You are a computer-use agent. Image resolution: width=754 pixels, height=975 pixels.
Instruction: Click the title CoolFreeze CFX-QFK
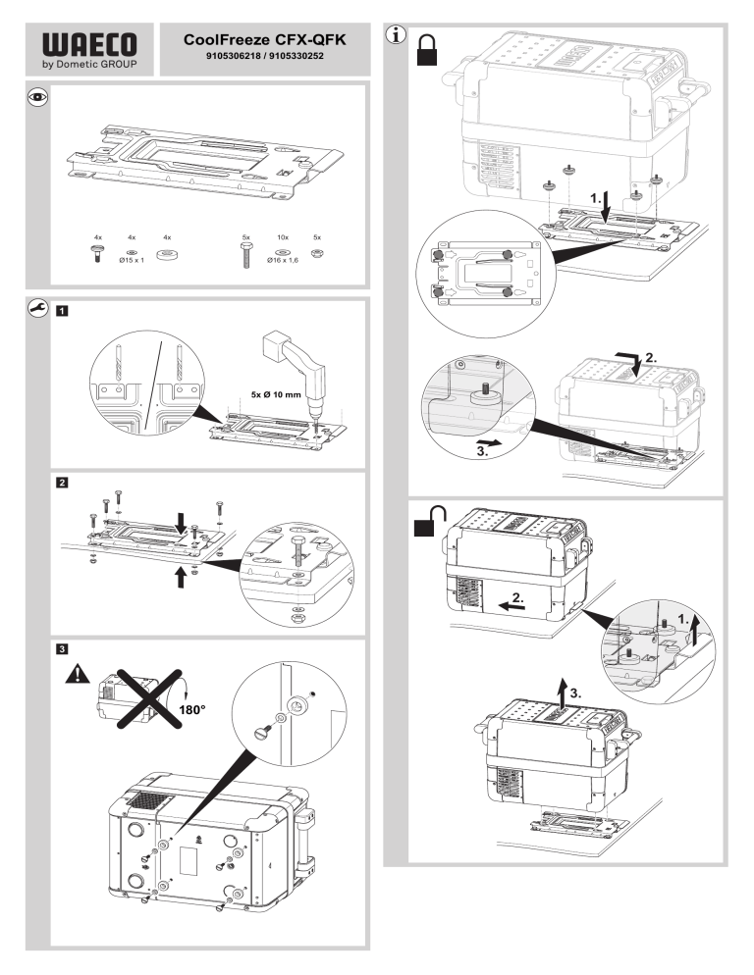click(x=265, y=40)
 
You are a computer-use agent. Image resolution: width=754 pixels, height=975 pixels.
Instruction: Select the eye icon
click(x=38, y=97)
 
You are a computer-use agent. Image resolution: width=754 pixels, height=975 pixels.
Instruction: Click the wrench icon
click(x=38, y=308)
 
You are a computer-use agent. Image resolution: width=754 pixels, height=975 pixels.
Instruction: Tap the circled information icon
click(x=396, y=35)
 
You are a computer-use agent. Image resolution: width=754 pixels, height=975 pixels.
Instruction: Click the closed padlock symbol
click(x=427, y=50)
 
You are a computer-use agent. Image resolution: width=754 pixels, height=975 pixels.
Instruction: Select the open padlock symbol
click(x=430, y=521)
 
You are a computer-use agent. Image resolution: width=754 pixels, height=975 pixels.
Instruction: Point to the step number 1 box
click(x=62, y=311)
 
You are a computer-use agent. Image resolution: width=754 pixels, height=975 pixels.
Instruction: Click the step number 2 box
click(x=62, y=483)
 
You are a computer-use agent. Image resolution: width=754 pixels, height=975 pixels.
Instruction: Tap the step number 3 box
click(x=62, y=649)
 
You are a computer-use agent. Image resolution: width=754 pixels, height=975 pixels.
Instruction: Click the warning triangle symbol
click(x=78, y=674)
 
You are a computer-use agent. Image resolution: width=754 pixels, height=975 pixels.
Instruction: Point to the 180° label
click(x=192, y=709)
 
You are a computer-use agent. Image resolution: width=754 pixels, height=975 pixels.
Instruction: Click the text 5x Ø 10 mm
click(x=276, y=394)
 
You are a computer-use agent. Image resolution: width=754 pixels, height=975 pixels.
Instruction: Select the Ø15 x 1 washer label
click(x=132, y=260)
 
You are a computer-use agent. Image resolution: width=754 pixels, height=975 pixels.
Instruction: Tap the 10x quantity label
click(x=283, y=237)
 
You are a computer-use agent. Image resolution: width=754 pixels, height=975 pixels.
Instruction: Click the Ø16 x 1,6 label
click(x=283, y=260)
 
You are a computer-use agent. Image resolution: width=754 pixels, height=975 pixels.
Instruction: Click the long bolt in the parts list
click(x=246, y=255)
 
